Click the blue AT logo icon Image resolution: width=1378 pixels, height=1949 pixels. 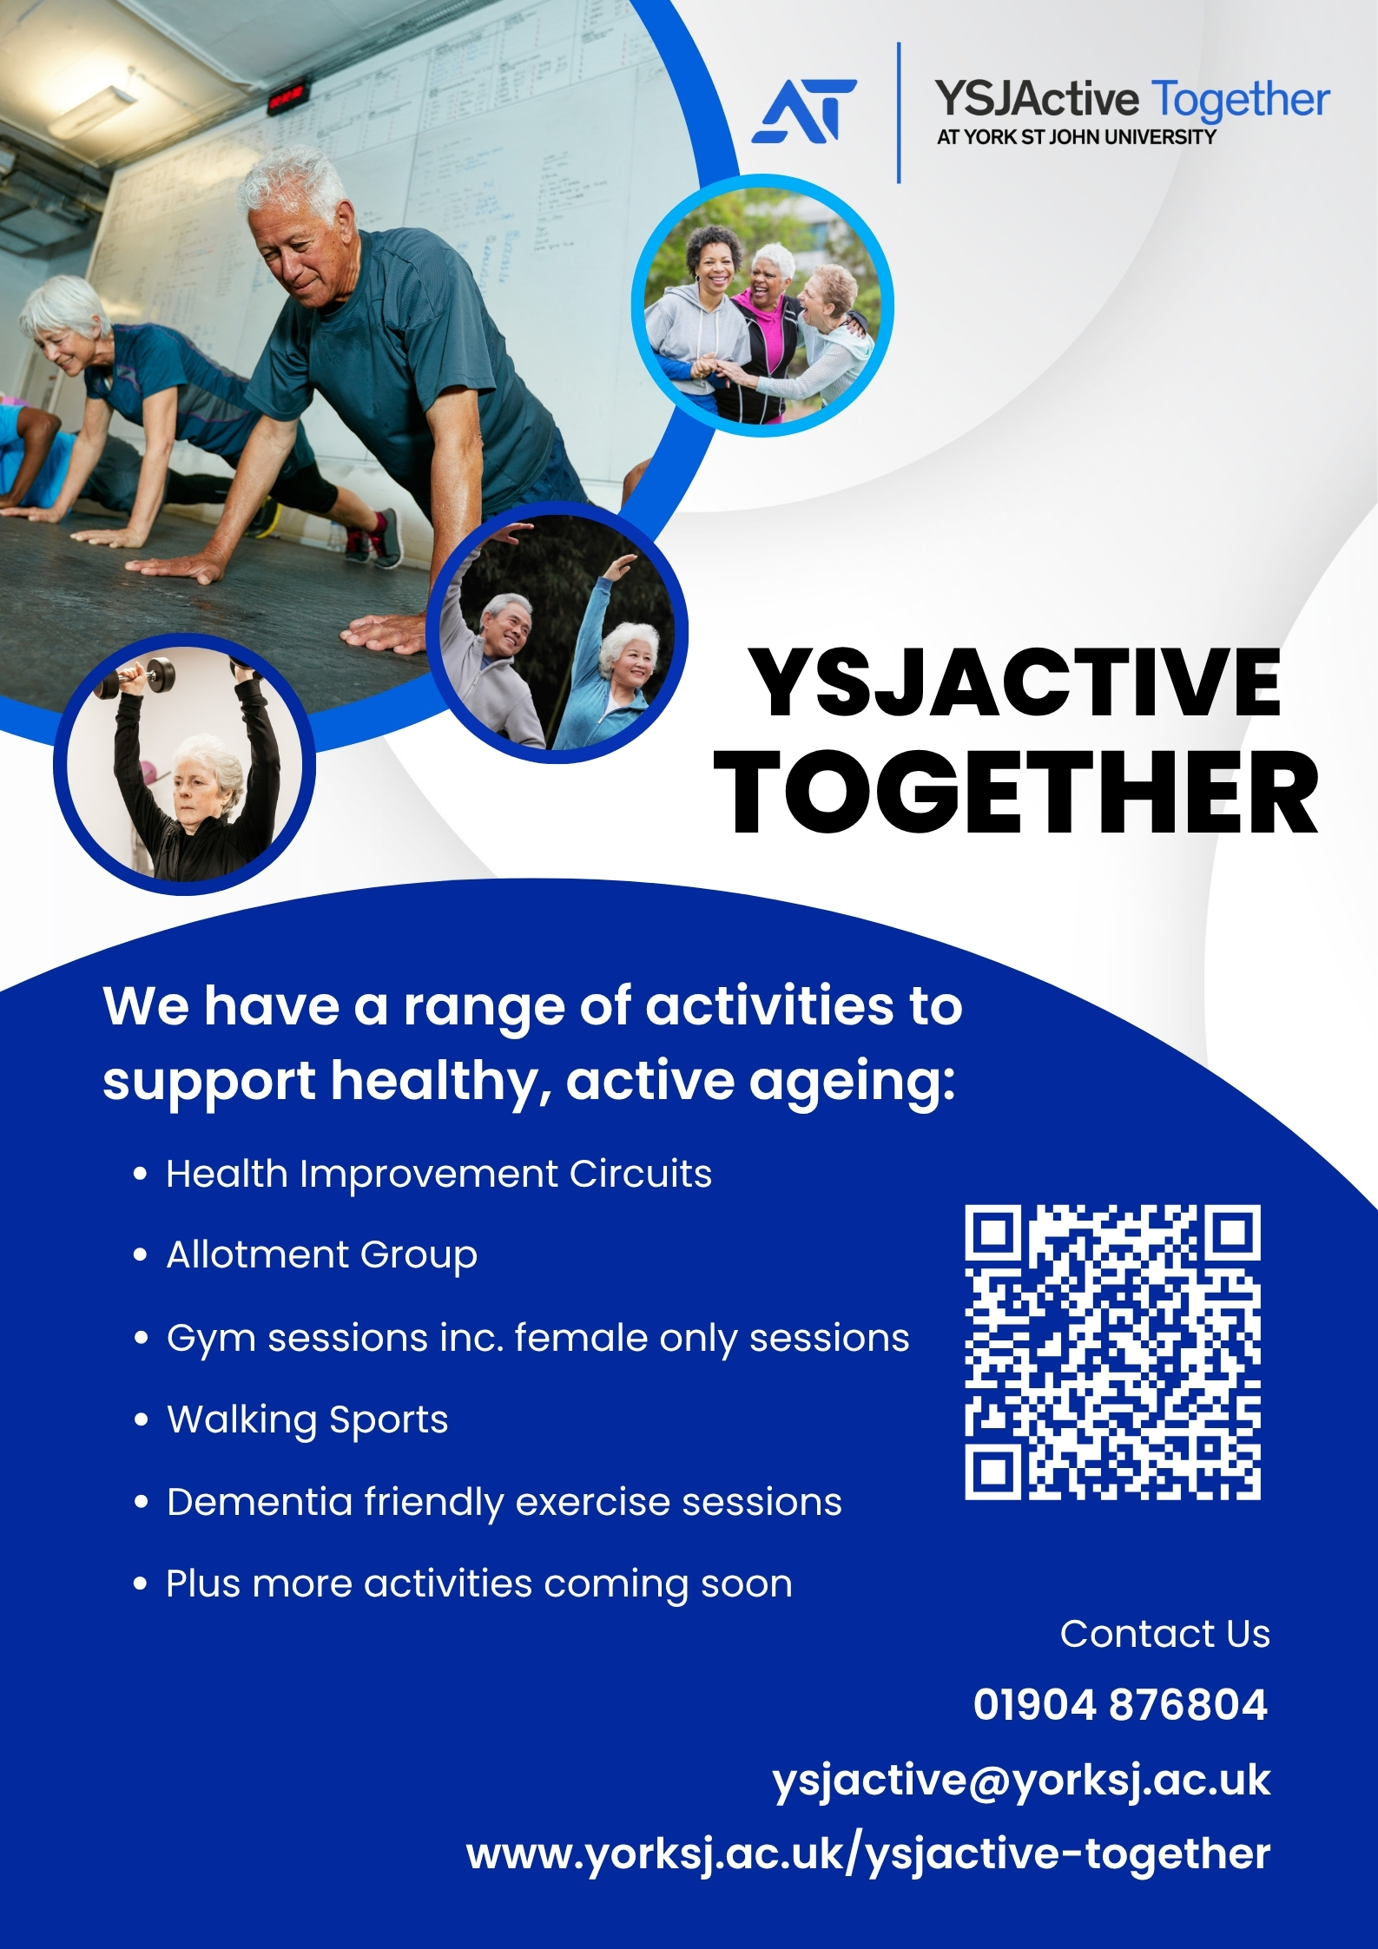coord(803,110)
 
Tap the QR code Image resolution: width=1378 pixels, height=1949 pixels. coord(1112,1352)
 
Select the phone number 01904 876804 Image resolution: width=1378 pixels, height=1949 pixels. coord(1120,1704)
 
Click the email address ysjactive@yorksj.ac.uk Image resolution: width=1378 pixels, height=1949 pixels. coord(1021,1781)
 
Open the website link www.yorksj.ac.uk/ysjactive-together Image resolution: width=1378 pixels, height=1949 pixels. coord(868,1854)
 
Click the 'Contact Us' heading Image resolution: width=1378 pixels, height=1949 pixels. coord(1165,1633)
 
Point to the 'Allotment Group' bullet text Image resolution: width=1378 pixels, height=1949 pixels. coord(322,1255)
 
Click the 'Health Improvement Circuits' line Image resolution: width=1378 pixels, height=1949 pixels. coord(438,1175)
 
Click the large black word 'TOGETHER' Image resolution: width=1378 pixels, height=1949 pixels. coord(1017,793)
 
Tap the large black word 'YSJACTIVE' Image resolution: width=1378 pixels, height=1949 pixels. coord(1015,682)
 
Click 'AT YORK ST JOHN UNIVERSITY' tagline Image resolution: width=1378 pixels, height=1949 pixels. coord(1077,136)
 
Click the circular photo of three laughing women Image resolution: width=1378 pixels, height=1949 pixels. coord(763,312)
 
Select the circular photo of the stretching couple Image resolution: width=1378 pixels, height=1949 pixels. coord(557,638)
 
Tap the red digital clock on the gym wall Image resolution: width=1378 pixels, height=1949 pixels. coord(287,97)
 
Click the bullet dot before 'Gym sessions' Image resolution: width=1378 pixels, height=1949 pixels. coord(141,1338)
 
